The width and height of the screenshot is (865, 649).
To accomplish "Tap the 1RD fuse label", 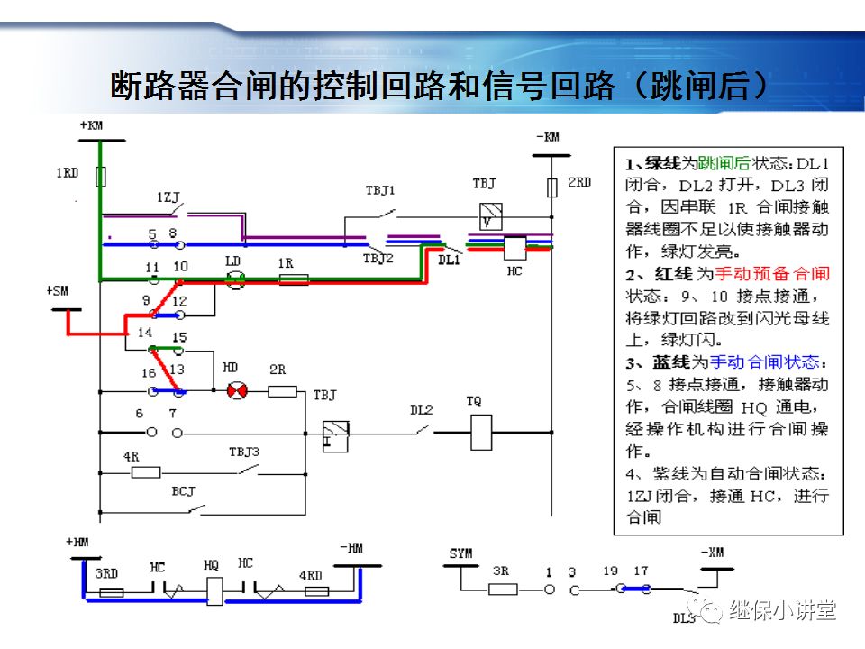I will point(68,172).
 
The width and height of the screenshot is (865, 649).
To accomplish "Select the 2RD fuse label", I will point(578,183).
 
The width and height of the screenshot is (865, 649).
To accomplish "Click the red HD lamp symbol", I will point(236,391).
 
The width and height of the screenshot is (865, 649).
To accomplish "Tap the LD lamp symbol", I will point(234,280).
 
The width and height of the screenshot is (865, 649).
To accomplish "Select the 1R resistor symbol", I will point(294,280).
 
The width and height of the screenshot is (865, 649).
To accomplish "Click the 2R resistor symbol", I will point(283,391).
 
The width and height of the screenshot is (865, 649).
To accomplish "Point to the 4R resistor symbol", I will point(146,471).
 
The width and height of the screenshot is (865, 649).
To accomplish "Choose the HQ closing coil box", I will point(214,590).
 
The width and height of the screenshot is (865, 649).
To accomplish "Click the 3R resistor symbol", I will point(503,589).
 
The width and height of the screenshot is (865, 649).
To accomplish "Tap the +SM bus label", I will point(57,291).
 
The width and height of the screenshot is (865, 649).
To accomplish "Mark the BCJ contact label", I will point(183,492).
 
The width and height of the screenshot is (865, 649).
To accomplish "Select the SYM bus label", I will point(460,553).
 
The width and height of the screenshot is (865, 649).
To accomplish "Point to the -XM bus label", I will point(712,553).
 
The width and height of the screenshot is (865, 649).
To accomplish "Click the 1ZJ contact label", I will point(168,197).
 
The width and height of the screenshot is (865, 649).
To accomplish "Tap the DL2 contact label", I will point(422,409).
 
